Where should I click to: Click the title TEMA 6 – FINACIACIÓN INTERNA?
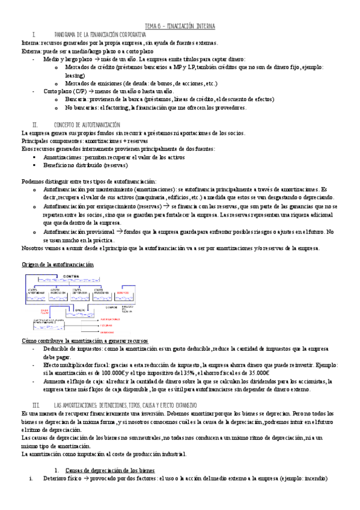point(180,26)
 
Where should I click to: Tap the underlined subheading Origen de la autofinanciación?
point(58,265)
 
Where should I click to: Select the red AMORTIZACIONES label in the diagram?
point(111,319)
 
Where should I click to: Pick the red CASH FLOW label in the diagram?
point(44,312)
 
